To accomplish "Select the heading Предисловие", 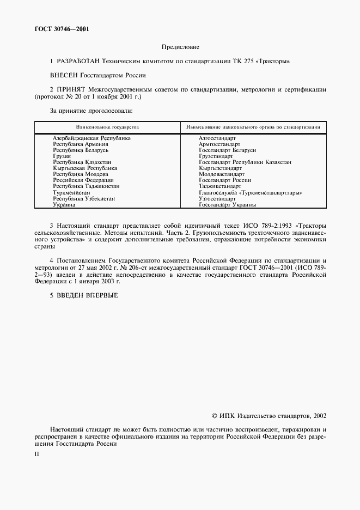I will click(180, 47).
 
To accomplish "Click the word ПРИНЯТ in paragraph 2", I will click(71, 89).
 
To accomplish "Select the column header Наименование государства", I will click(107, 127).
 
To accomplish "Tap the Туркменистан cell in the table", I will click(71, 193).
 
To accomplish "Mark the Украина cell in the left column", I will click(64, 205).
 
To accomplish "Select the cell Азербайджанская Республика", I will click(91, 138).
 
